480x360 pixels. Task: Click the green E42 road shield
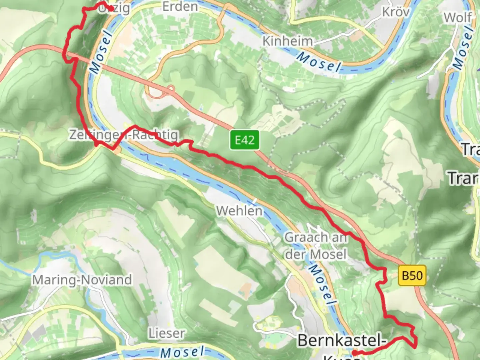coord(244,140)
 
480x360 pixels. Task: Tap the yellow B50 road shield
coord(412,276)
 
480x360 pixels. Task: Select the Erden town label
coord(180,6)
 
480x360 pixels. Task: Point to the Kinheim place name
coord(288,41)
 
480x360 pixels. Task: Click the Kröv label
coord(396,12)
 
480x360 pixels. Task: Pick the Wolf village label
coord(458,17)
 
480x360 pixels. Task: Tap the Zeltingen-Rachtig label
coord(124,135)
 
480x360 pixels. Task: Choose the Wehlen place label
coord(239,211)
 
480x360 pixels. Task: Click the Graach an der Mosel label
coord(316,246)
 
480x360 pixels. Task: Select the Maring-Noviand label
coord(82,280)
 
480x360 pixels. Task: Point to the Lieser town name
coord(167,333)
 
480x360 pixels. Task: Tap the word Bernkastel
coord(342,341)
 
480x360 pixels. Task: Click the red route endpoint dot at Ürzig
coord(111,9)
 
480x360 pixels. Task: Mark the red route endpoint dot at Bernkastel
coord(354,353)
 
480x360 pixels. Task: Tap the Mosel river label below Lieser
coord(182,352)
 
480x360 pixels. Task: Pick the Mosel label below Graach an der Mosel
coord(321,285)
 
